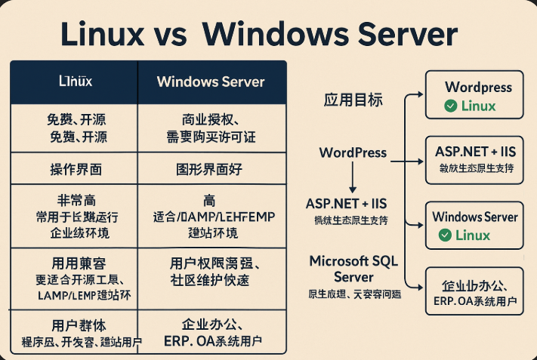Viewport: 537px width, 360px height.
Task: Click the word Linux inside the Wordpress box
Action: click(x=479, y=106)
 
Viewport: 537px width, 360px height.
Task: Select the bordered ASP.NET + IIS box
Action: click(x=474, y=159)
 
